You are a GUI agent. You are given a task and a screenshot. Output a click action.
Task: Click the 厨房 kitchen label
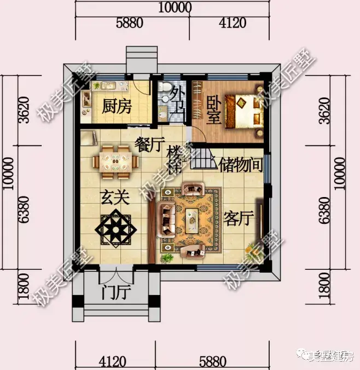(117, 106)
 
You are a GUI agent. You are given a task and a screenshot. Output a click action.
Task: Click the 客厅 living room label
(240, 218)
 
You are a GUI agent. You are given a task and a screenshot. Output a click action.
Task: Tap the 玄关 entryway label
(114, 198)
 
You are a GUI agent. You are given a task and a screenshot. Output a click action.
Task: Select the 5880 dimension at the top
(129, 23)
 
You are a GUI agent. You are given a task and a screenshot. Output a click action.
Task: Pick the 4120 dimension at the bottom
(113, 361)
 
